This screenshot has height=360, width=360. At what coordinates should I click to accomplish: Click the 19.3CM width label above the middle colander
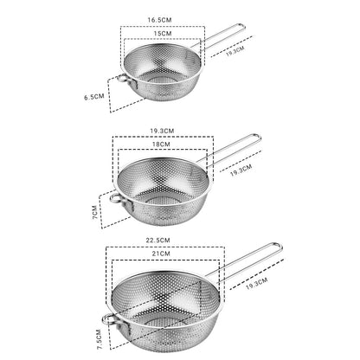(x=162, y=132)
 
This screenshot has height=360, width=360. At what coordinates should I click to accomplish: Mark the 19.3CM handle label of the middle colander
(x=241, y=168)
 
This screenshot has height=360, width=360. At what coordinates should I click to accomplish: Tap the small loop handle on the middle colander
(x=115, y=202)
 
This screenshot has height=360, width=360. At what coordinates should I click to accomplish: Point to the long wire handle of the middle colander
(x=229, y=152)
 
